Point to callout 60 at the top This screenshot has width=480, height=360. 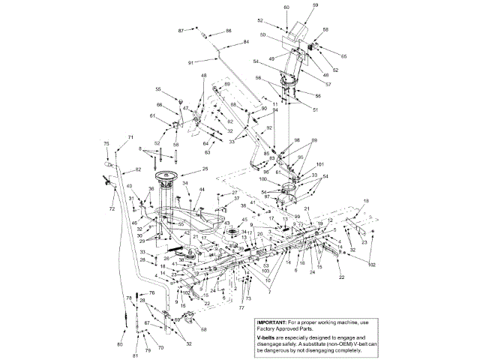pos(286,7)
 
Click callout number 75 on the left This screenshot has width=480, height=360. pos(106,143)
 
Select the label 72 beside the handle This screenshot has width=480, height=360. pos(112,208)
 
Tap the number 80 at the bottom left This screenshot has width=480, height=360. pos(119,343)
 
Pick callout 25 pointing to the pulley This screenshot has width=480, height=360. pos(205,169)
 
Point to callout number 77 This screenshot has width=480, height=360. pos(241,307)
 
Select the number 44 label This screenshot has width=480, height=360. pos(201,190)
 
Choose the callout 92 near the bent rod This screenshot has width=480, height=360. pos(268,128)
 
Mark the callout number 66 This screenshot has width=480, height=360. pos(159,104)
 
